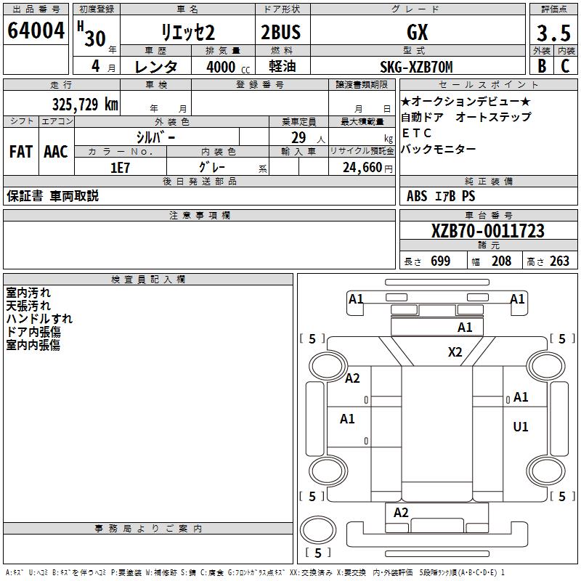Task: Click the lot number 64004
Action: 36,31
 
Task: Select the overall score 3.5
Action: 553,33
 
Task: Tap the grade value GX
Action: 417,32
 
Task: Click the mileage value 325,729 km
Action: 85,105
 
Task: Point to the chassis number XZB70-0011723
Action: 487,231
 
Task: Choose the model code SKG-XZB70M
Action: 416,67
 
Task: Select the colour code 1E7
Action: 120,168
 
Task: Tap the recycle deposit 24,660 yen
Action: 367,168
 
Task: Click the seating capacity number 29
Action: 298,138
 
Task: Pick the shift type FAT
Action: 21,152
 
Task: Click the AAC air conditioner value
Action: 56,152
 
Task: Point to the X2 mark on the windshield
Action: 455,352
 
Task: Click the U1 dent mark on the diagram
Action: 520,427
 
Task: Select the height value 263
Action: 559,261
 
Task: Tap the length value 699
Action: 441,261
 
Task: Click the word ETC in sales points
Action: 416,133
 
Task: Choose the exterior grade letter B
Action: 542,66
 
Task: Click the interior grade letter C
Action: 565,66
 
